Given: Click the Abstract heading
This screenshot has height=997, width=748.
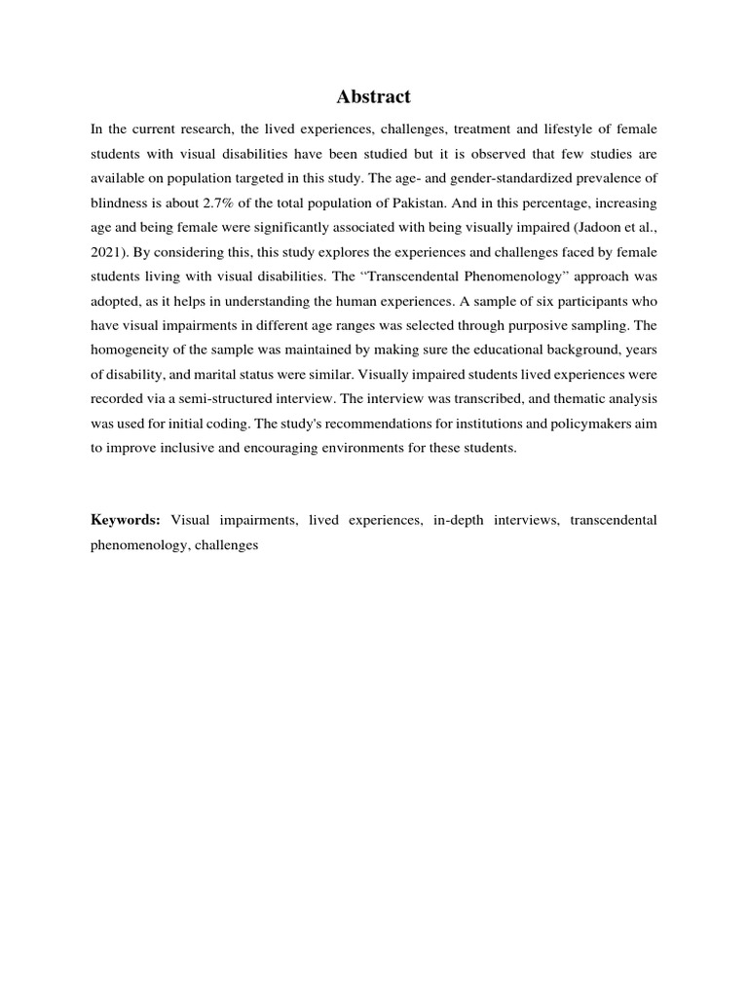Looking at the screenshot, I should (374, 96).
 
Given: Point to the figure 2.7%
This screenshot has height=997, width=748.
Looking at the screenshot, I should (216, 204).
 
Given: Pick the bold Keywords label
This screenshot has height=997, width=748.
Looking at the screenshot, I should (125, 521).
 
